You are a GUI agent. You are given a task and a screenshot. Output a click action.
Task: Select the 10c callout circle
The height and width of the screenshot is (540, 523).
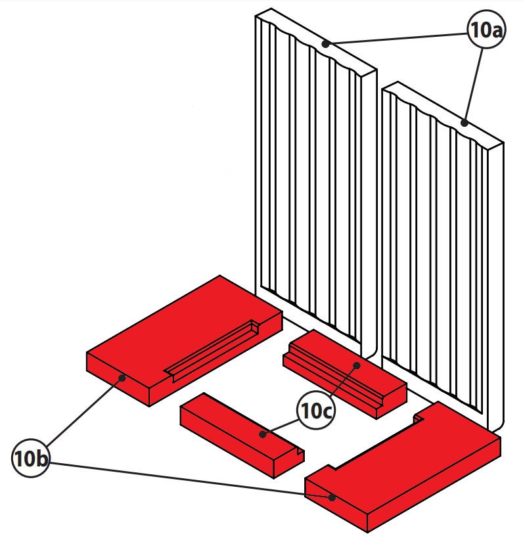(x=316, y=411)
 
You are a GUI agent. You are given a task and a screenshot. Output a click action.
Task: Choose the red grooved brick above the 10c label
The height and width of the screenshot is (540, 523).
(x=342, y=368)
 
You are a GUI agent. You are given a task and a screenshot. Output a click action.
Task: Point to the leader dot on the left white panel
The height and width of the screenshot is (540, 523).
(x=326, y=44)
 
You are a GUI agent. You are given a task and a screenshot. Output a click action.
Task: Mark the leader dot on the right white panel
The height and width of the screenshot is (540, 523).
(x=464, y=122)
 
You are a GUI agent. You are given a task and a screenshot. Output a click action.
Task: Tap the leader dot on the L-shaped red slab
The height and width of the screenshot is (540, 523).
(x=332, y=497)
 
